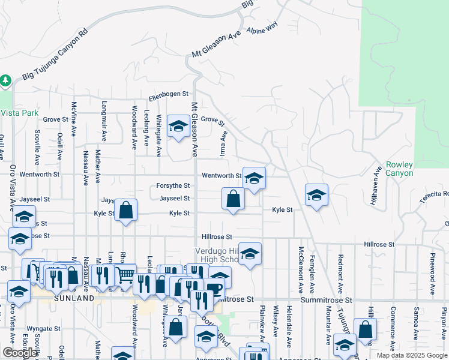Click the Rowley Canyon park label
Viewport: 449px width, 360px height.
pos(399,169)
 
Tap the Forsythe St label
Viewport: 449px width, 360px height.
pos(173,186)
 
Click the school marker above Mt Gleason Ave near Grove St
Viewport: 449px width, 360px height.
pos(178,126)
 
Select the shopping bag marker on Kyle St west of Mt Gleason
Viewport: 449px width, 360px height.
pos(125,210)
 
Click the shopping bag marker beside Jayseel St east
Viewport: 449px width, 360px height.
pos(233,199)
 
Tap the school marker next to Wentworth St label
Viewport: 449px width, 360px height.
pos(254,178)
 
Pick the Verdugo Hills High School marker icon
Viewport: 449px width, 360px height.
pos(250,254)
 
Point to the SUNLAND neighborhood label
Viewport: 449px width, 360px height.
pos(73,298)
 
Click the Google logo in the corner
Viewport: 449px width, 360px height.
pos(20,353)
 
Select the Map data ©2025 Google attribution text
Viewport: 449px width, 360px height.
pos(411,355)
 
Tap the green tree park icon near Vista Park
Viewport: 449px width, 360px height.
pos(5,80)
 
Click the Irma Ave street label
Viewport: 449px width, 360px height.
pos(223,145)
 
